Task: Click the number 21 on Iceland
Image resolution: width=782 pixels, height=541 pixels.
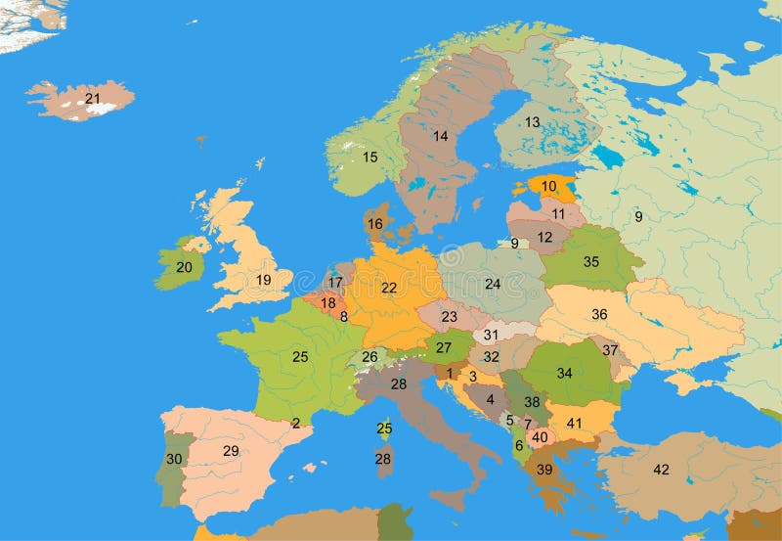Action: [93, 98]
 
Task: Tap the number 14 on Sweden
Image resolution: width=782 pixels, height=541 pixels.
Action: [441, 136]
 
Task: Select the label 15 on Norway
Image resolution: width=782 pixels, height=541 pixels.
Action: [370, 157]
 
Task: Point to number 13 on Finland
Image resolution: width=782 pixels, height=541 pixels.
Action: [532, 122]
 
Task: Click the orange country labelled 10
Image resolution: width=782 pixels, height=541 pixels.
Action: [549, 186]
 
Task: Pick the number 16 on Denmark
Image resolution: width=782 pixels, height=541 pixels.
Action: [375, 224]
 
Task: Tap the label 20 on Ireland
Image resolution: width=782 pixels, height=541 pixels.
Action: [184, 266]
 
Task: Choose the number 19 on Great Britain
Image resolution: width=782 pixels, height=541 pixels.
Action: [264, 280]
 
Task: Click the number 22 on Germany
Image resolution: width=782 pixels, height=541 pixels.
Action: [389, 288]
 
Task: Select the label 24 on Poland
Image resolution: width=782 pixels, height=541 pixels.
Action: [493, 284]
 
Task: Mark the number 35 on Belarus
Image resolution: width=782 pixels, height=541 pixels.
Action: [591, 261]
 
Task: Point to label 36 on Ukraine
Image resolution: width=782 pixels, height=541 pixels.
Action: [599, 314]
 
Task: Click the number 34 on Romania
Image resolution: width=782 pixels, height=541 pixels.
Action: [565, 373]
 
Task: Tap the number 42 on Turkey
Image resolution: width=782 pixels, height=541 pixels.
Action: [662, 470]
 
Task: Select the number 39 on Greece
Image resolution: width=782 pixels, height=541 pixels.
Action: [544, 471]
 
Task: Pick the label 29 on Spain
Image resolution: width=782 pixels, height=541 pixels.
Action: [231, 451]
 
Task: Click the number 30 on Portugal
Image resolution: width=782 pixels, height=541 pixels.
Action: [174, 459]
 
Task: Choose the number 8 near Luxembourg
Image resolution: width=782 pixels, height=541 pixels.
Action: [344, 316]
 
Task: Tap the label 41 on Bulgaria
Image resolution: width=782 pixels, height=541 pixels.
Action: [575, 423]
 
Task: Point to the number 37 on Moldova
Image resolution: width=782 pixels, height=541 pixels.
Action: [610, 349]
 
